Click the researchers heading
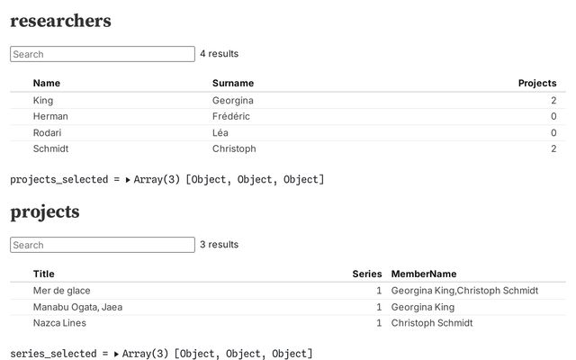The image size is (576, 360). click(60, 21)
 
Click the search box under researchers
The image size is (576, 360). click(103, 54)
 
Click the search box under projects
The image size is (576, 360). click(103, 245)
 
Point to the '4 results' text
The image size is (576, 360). click(220, 54)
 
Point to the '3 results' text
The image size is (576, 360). click(220, 244)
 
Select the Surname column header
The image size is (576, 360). click(233, 83)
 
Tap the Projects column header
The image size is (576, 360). click(537, 83)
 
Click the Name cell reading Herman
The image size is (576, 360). click(50, 116)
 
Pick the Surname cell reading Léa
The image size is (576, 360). click(220, 132)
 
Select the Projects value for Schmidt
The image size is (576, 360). click(553, 148)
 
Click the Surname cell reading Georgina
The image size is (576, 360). click(233, 100)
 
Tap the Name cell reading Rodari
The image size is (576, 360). click(47, 132)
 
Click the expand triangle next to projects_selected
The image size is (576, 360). click(128, 180)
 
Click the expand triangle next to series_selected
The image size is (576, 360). click(116, 354)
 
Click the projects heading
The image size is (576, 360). click(45, 212)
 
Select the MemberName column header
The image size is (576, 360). click(424, 274)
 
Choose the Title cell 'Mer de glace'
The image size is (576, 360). click(62, 291)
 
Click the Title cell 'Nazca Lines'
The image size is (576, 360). click(59, 323)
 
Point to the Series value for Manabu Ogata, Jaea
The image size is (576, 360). click(379, 307)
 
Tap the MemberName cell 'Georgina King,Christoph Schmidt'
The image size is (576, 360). click(464, 291)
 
